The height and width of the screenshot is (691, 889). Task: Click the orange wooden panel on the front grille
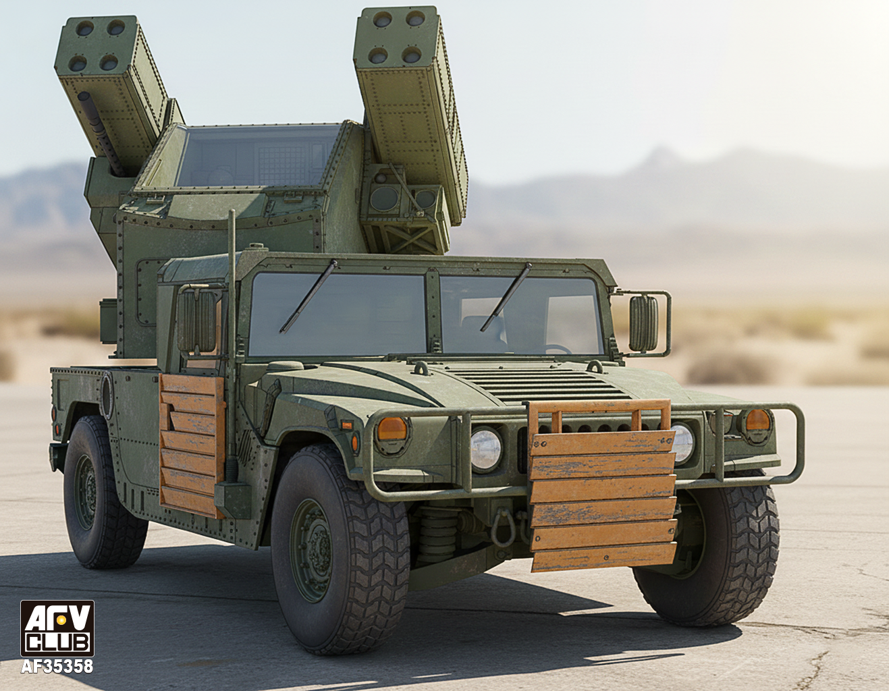pos(602,485)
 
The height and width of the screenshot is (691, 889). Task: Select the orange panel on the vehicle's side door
pos(192,446)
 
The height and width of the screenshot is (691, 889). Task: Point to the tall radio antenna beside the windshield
pos(232,348)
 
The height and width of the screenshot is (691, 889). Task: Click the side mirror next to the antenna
pos(196,321)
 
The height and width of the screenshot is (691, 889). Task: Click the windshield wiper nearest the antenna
pos(308,296)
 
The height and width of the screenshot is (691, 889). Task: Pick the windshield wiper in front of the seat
pos(506,297)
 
